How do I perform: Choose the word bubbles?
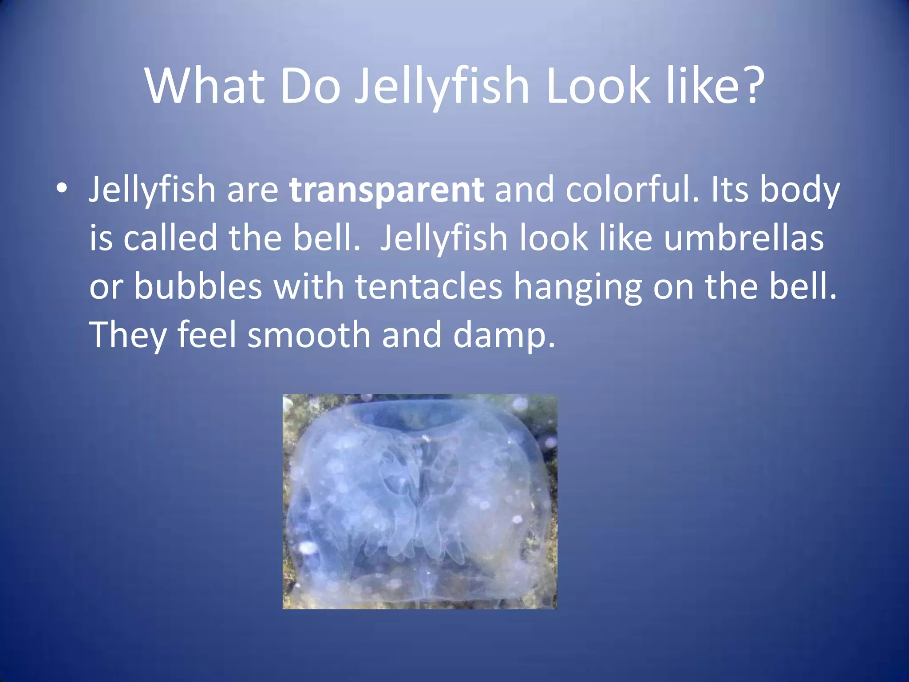tap(198, 286)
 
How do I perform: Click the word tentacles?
tap(429, 286)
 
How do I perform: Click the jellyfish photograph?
tap(420, 501)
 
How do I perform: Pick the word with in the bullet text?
tap(308, 286)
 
